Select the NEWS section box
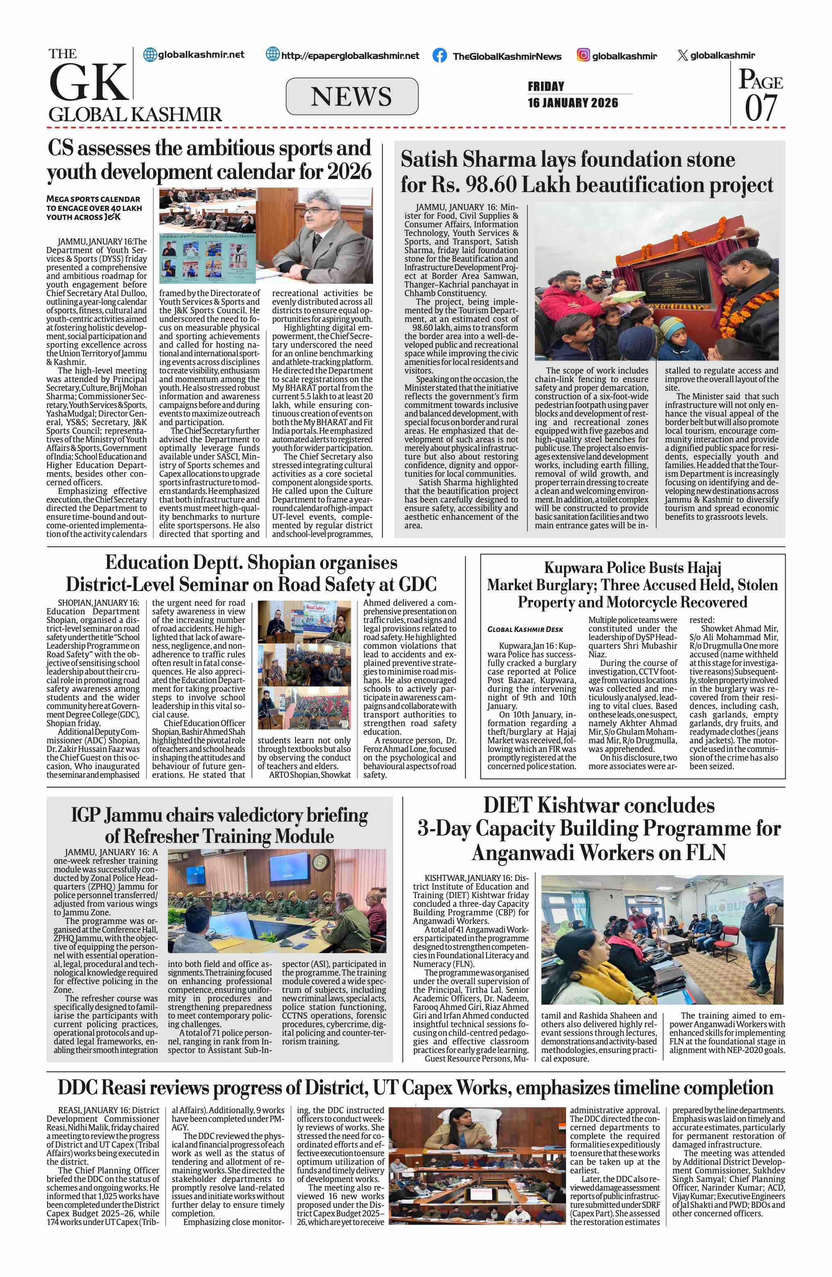352,97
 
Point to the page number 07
761,107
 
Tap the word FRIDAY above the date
546,86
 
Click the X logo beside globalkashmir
682,55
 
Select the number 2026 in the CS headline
349,172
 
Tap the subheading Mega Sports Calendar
93,199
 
